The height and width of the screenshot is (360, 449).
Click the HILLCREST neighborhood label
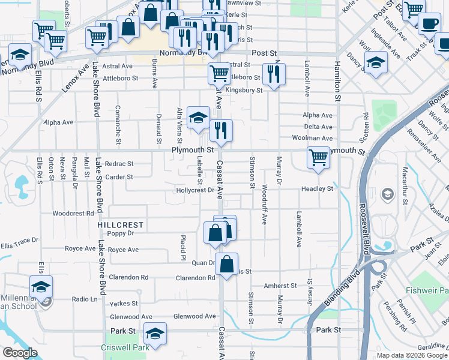click(121, 225)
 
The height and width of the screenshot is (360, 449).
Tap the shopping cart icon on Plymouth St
click(318, 158)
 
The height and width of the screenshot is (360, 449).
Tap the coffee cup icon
click(429, 24)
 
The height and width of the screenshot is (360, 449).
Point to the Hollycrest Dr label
click(196, 190)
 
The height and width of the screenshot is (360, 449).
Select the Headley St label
click(317, 188)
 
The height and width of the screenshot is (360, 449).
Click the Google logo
click(20, 353)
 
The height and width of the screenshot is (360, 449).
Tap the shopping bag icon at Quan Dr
click(226, 264)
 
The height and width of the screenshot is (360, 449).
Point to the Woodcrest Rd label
click(73, 213)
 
